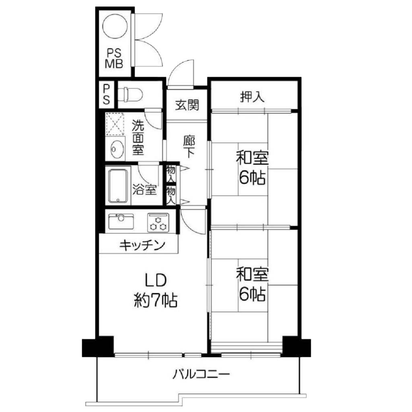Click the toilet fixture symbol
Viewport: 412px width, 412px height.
point(130,94)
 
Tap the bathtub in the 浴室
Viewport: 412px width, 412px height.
point(118,186)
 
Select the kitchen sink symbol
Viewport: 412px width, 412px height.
point(121,221)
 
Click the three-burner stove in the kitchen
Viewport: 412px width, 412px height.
point(158,222)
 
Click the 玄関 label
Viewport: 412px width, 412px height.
point(187,105)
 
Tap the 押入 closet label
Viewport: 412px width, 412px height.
point(252,97)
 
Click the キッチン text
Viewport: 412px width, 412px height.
point(142,246)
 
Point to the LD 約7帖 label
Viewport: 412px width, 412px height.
point(156,290)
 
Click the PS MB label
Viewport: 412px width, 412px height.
point(114,59)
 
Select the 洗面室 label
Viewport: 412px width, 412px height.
point(138,137)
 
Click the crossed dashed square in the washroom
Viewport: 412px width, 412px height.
point(115,124)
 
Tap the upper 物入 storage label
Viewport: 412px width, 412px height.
point(171,174)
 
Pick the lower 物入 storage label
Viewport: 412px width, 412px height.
point(171,195)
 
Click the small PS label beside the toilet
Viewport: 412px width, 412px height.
point(106,94)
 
